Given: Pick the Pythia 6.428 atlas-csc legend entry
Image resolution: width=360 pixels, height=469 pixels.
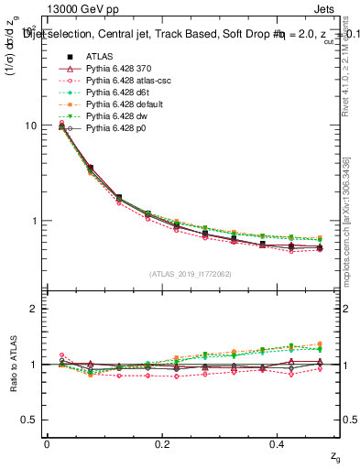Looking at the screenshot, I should click(125, 80).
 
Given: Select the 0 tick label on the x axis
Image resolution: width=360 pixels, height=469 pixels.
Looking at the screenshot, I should click(47, 443).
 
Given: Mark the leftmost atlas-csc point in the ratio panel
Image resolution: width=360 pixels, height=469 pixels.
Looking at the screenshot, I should click(61, 354).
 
